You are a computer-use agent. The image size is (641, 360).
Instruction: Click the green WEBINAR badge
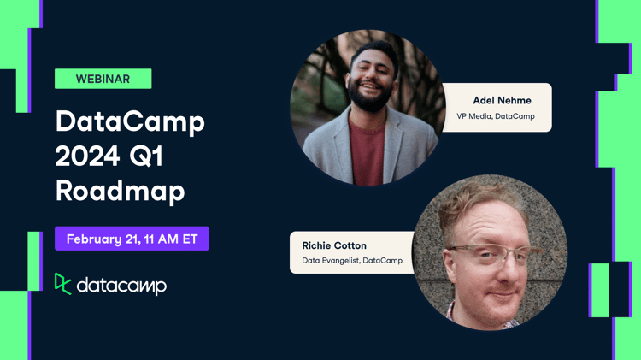point(103,79)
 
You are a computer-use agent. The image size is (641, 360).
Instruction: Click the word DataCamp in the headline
point(130,122)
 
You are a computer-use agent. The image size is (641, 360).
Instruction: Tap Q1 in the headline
point(171,156)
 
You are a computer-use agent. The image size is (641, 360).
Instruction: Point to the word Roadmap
point(120,191)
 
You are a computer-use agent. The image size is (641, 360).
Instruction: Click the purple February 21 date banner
point(132,239)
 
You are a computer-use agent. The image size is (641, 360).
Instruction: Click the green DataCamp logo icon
point(62,284)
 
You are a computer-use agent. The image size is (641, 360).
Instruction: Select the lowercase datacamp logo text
point(121,286)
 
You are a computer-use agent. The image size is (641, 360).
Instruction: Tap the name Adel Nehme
point(502,100)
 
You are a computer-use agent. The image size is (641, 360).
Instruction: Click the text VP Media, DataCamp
point(496,116)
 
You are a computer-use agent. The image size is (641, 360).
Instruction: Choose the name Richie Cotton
point(334,245)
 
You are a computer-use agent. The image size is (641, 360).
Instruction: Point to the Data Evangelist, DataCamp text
point(352,261)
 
